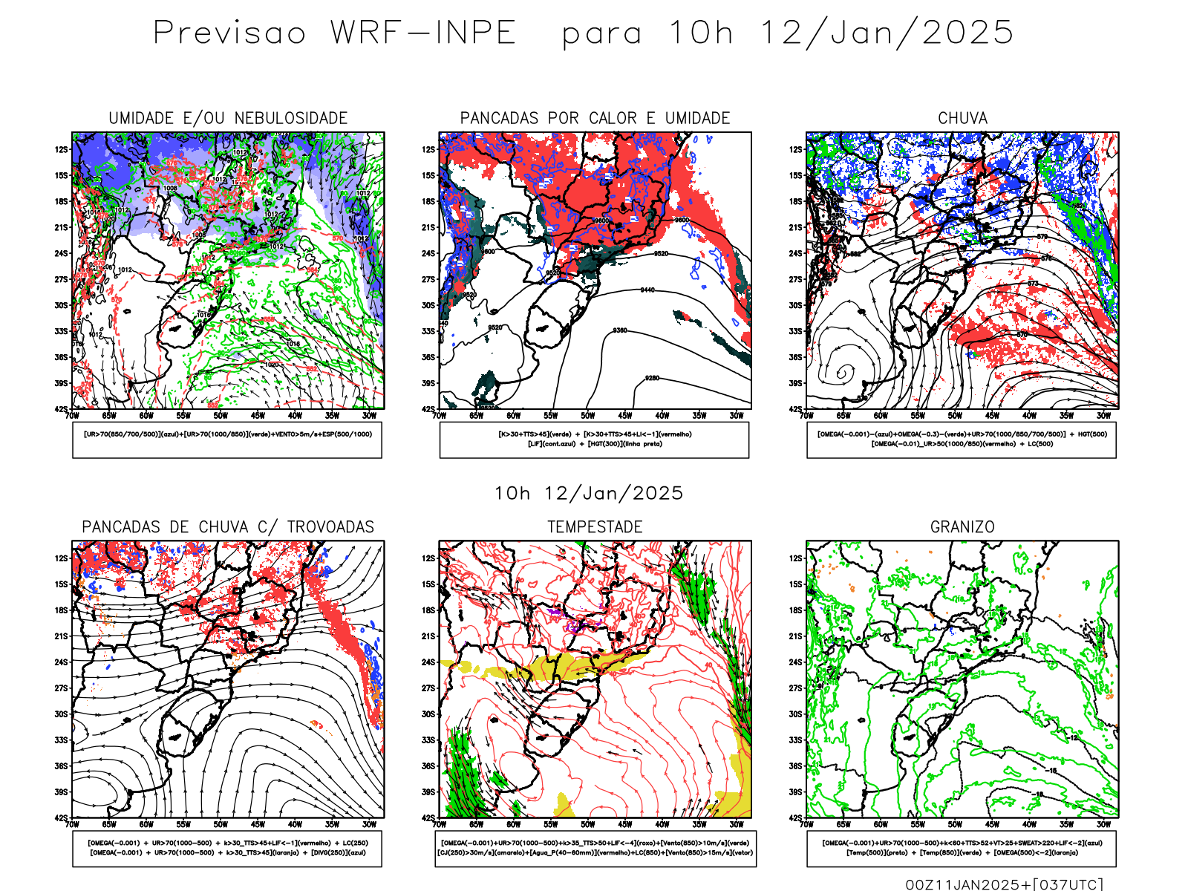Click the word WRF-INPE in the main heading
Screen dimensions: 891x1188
423,33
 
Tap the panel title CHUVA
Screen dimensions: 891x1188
962,118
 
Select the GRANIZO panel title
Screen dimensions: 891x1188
962,526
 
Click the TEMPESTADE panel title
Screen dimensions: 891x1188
595,526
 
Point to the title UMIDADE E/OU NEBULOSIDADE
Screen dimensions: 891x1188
228,118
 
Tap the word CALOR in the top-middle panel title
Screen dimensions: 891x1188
613,118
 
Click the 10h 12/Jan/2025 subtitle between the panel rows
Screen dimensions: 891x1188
589,493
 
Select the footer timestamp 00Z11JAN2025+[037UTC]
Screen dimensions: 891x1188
1004,884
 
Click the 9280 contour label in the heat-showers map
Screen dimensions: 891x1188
652,378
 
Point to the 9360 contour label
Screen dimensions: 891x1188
620,330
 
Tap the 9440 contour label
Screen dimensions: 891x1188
647,290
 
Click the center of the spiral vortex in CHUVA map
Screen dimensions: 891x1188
844,372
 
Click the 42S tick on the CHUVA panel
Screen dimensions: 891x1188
796,409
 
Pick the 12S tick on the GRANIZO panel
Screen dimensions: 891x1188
796,558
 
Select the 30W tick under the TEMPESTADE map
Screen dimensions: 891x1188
737,824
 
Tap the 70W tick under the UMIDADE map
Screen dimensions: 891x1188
72,416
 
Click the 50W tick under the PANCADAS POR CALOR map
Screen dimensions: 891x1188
588,416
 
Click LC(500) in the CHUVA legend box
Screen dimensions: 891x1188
1040,444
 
